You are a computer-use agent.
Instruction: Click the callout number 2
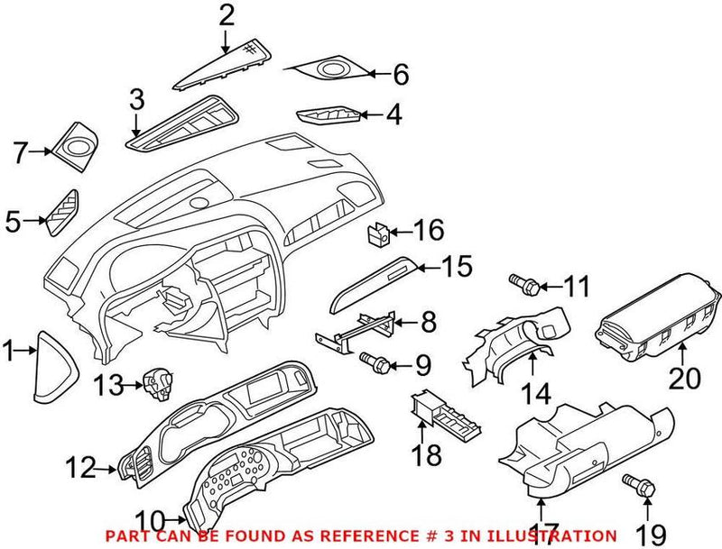click(227, 14)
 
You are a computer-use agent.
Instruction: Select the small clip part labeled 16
click(378, 235)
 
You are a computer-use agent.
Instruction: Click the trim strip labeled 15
click(379, 282)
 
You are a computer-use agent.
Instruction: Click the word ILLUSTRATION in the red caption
click(557, 535)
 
